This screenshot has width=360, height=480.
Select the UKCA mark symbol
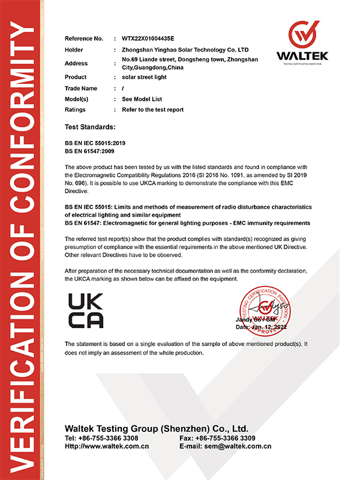(x=86, y=310)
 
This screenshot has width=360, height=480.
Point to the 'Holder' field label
(x=74, y=50)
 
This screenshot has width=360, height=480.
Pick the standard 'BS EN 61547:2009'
(x=91, y=152)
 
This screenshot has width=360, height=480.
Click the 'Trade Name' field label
(x=80, y=88)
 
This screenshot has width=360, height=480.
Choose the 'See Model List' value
(x=142, y=99)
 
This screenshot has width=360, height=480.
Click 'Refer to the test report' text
(x=152, y=110)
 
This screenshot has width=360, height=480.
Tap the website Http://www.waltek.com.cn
(x=107, y=446)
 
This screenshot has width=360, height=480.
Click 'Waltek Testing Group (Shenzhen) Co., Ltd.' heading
(x=156, y=428)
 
